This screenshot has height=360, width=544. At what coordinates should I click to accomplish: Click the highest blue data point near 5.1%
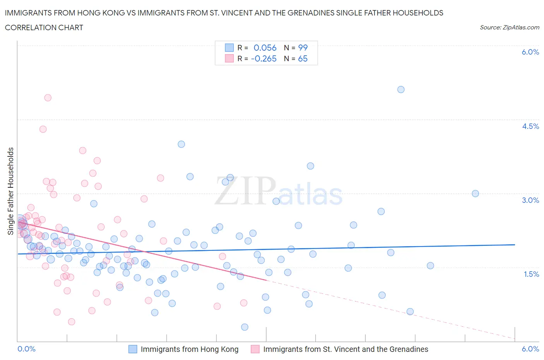(x=401, y=89)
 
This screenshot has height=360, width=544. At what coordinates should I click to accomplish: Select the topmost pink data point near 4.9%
(x=48, y=98)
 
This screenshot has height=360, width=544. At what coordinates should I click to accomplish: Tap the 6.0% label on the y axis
(x=530, y=52)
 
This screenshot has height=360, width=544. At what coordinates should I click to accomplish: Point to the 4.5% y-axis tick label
(x=530, y=126)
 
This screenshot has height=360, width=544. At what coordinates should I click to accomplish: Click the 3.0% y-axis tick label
(x=530, y=200)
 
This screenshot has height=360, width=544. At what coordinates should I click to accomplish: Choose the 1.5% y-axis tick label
(x=531, y=274)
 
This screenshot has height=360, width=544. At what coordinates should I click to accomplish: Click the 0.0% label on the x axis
(x=27, y=349)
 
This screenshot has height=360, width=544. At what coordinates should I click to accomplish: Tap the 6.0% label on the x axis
(x=530, y=349)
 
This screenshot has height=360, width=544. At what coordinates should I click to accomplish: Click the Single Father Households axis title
(x=11, y=191)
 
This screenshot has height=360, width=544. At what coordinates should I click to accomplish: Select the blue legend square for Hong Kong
(x=133, y=349)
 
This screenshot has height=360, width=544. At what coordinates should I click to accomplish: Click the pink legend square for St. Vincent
(x=255, y=349)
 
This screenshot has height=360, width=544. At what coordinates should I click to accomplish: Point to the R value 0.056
(x=265, y=48)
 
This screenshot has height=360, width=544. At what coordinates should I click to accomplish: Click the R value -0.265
(x=263, y=58)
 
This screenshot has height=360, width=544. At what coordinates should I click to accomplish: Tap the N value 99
(x=303, y=48)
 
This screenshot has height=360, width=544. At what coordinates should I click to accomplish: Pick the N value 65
(x=303, y=58)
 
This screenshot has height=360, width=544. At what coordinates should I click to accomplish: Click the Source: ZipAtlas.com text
(x=509, y=27)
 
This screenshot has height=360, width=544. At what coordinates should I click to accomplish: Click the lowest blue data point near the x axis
(x=245, y=327)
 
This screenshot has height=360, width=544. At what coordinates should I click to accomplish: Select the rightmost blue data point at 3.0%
(x=476, y=194)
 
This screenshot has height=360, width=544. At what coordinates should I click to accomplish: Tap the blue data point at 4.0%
(x=181, y=144)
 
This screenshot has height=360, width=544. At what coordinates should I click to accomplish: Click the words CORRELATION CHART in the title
(x=44, y=27)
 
